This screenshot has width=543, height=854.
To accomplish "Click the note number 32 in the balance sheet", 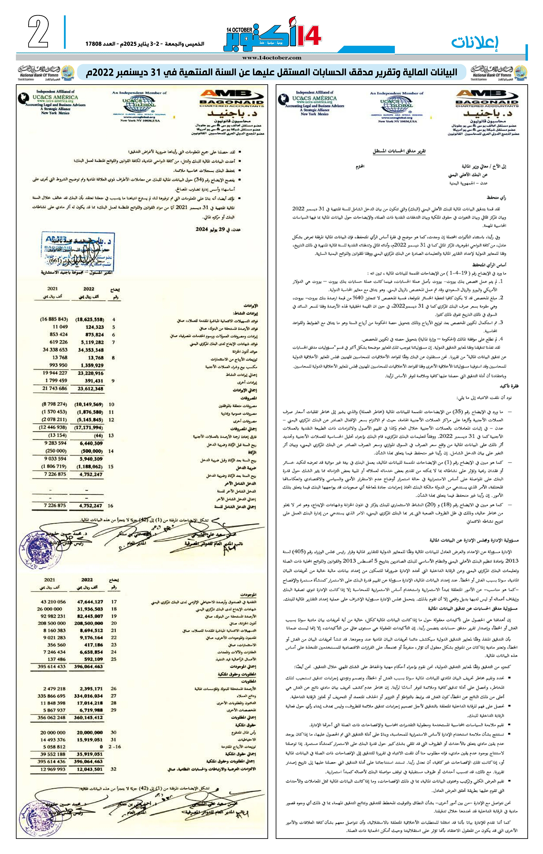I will click(x=113, y=769).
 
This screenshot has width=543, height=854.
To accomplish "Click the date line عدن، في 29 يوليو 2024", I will click(x=218, y=229).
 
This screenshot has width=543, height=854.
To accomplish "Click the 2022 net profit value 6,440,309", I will click(x=91, y=443).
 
